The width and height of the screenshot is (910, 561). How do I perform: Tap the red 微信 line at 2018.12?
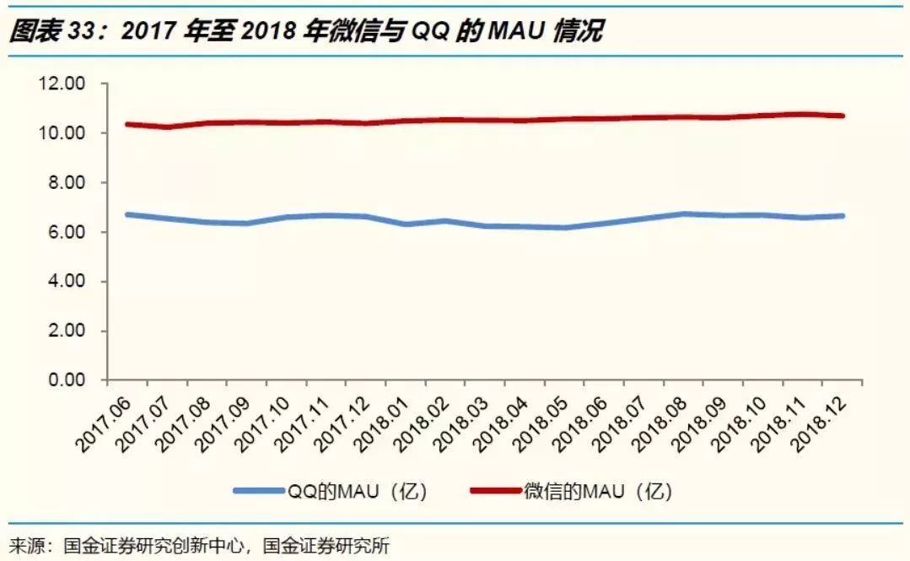(843, 116)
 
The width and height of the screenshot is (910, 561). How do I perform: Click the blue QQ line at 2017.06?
(127, 214)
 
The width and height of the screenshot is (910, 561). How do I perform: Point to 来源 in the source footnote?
(26, 545)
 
